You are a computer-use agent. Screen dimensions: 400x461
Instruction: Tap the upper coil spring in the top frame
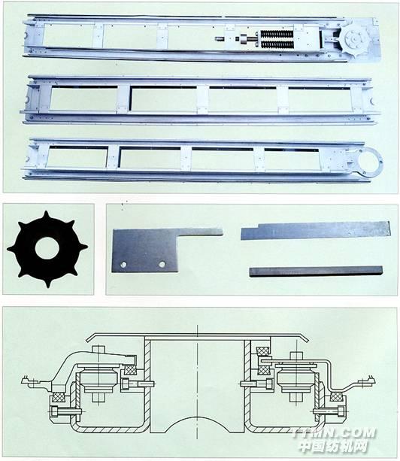[x=277, y=34]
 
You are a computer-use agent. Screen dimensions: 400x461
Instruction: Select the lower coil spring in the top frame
[x=277, y=45]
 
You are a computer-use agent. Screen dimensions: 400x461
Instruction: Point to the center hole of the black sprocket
[x=47, y=248]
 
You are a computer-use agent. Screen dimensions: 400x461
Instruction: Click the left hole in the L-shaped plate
[x=124, y=265]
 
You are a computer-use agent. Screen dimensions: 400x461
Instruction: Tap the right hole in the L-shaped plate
[x=162, y=264]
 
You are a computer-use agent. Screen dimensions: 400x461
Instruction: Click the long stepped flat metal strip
[x=316, y=230]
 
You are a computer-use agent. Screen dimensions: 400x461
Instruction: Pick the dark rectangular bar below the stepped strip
[x=316, y=271]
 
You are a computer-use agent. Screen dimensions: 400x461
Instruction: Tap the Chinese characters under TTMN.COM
[x=334, y=447]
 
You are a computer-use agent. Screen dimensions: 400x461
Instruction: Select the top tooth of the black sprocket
[x=46, y=214]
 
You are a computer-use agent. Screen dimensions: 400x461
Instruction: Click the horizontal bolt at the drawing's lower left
[x=65, y=411]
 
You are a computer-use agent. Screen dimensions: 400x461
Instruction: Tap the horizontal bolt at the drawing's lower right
[x=329, y=411]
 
